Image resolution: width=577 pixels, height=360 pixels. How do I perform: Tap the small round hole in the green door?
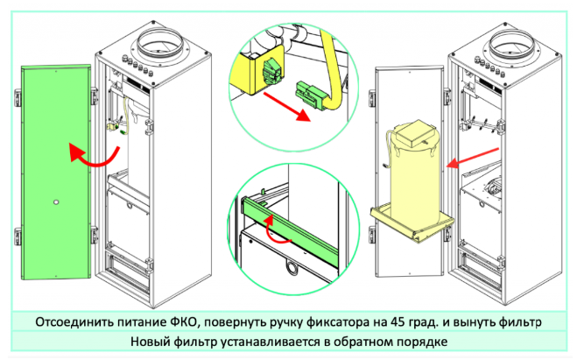54,203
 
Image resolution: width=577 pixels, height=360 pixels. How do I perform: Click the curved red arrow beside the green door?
89,159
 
